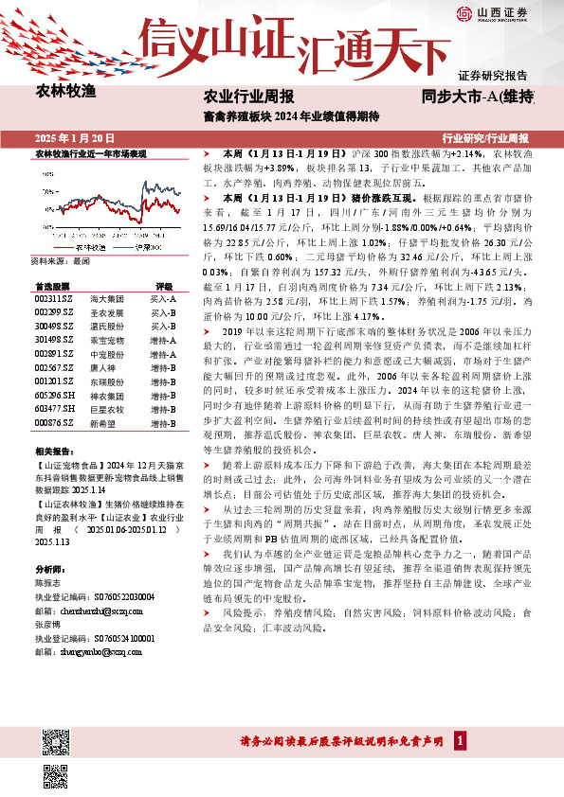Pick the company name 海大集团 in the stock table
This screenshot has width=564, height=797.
tap(105, 298)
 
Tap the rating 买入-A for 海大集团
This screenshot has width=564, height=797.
tap(164, 298)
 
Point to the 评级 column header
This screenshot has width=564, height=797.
tap(164, 285)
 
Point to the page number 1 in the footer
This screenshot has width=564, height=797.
tap(460, 740)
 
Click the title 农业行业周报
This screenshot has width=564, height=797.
tap(248, 96)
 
